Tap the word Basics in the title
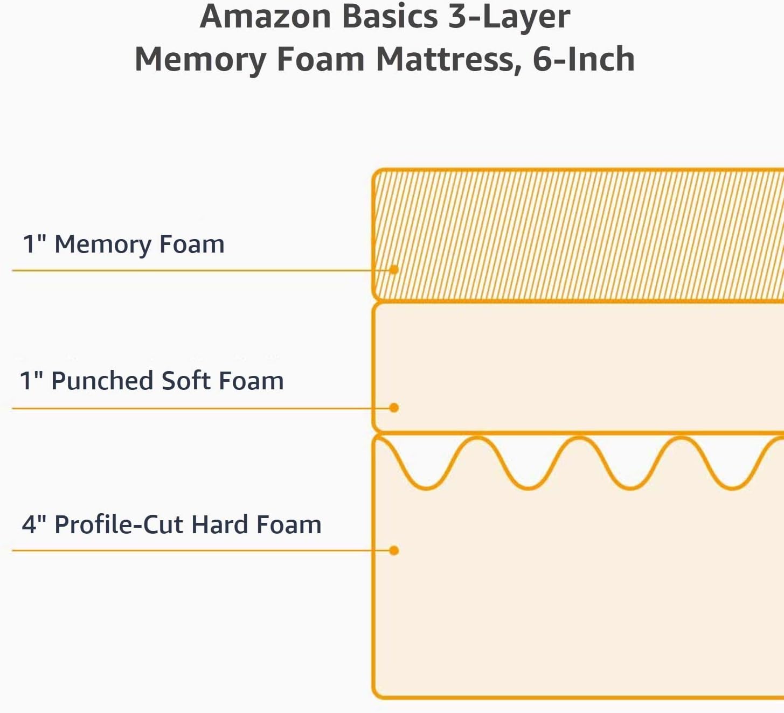tap(390, 16)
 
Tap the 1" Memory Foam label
tap(123, 244)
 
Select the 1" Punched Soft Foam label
tap(151, 381)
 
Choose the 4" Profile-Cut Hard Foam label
tap(171, 525)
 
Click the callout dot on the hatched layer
tap(394, 269)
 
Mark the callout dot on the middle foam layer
tap(394, 408)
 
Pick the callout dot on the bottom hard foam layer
tap(394, 550)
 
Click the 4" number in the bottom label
tap(34, 525)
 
